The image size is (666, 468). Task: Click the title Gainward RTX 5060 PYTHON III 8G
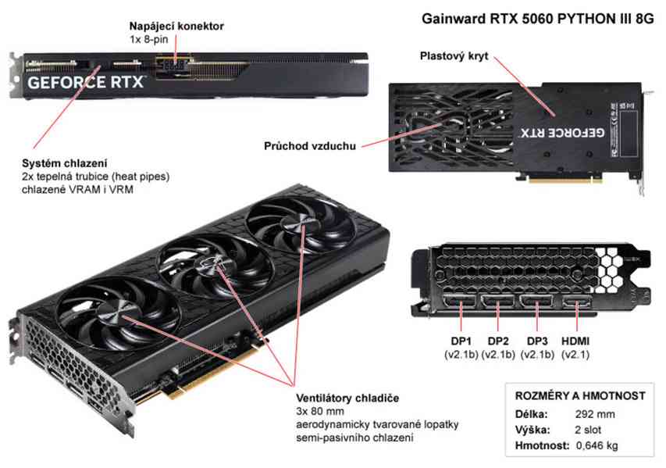(538, 19)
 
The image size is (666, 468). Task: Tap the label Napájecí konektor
(176, 27)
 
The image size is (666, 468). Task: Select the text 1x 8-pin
(148, 40)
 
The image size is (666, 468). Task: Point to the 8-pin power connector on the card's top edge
(175, 66)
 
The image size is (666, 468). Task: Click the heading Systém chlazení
(65, 163)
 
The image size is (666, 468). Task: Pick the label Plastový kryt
(454, 56)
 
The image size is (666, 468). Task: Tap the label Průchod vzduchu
(310, 146)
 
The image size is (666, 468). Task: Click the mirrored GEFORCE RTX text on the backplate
(562, 133)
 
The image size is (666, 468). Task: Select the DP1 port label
(461, 341)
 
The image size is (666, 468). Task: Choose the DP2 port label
(498, 341)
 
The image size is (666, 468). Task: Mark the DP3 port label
(537, 341)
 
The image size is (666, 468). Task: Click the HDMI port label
(575, 341)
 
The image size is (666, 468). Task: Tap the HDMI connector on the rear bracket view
(577, 303)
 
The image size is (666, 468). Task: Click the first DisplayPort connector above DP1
(461, 302)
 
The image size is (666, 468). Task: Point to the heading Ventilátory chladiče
(347, 398)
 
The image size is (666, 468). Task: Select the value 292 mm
(595, 414)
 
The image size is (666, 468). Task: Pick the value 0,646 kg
(597, 446)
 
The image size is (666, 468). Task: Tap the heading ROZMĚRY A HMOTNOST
(580, 396)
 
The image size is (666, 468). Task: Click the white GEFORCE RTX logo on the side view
(86, 82)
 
